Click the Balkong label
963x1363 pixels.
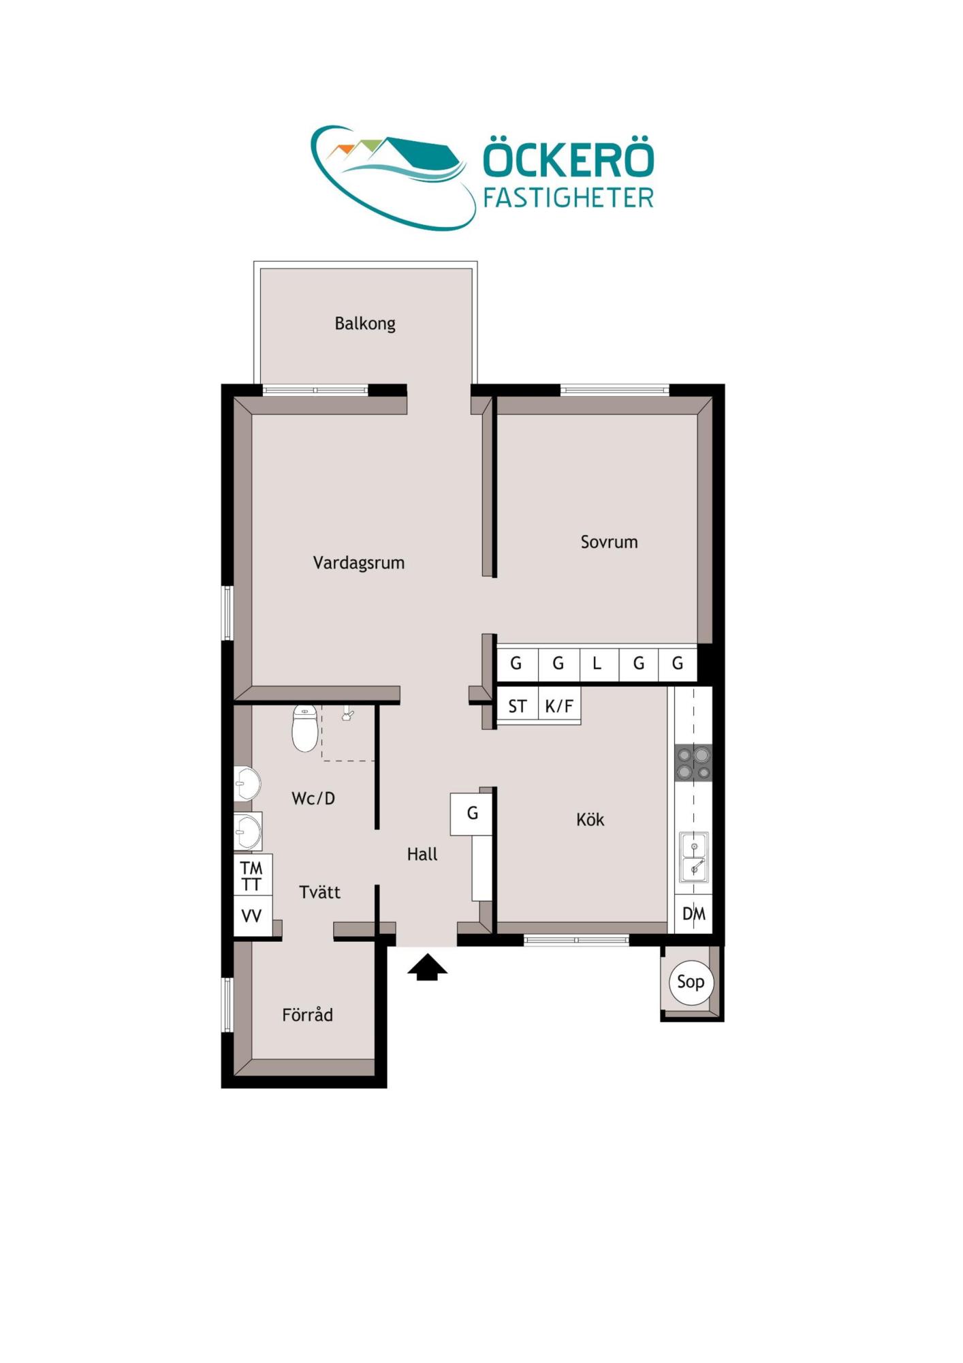[365, 323]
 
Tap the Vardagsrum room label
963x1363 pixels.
[359, 563]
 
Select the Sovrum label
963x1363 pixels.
[609, 542]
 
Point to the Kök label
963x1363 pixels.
[590, 819]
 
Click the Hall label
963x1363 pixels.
[422, 854]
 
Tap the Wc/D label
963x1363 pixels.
[313, 798]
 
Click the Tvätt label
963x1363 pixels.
[319, 891]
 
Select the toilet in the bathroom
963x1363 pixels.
[305, 728]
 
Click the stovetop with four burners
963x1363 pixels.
[693, 763]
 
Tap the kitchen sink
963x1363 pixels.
[694, 857]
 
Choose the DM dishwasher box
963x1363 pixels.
[694, 914]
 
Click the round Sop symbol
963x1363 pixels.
[691, 981]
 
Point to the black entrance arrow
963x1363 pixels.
[427, 967]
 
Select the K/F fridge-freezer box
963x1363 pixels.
[559, 705]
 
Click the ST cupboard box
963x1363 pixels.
[518, 705]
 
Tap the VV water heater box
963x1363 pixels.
[253, 915]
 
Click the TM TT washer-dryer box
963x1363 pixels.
[253, 875]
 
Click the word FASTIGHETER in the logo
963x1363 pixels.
[568, 198]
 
